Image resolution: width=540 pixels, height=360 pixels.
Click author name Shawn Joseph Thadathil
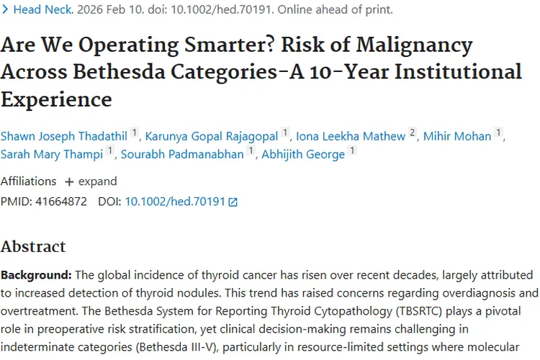[63, 136]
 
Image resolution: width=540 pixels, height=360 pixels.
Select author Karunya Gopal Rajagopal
[212, 136]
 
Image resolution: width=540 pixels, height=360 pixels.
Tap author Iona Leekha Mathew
[351, 136]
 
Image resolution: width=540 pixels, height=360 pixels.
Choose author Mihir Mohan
[457, 136]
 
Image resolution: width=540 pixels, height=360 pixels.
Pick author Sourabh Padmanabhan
[182, 154]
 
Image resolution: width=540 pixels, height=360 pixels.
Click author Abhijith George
[302, 154]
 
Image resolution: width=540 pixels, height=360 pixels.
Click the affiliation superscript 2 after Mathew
[413, 132]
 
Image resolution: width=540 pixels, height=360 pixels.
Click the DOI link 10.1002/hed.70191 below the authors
[175, 202]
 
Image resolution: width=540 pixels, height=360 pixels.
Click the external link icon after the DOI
[233, 202]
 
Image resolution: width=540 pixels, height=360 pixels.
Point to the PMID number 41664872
[60, 202]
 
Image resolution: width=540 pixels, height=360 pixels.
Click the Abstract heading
[33, 246]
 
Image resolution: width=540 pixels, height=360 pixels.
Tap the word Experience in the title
[56, 99]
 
